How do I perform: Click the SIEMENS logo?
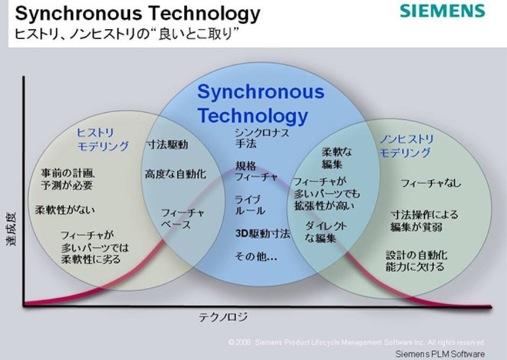click(x=442, y=11)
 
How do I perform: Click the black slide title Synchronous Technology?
click(x=137, y=14)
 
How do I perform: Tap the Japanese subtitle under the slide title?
click(x=127, y=33)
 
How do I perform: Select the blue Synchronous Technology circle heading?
click(x=261, y=104)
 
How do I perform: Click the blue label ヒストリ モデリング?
click(x=102, y=140)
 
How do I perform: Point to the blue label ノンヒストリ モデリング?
click(x=407, y=146)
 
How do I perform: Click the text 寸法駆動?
click(x=167, y=144)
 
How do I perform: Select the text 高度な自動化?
click(x=175, y=174)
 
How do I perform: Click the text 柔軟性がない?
click(x=65, y=210)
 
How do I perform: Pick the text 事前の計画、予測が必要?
click(x=68, y=179)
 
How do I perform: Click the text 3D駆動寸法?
click(x=263, y=233)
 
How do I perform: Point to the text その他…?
click(x=256, y=257)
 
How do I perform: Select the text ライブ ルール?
click(x=250, y=205)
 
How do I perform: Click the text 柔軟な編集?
click(x=337, y=158)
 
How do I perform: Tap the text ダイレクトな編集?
click(x=325, y=232)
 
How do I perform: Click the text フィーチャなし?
click(x=431, y=183)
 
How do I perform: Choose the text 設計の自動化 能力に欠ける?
click(x=417, y=261)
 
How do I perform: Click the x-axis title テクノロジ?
click(x=223, y=317)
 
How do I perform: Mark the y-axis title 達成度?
click(x=11, y=229)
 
